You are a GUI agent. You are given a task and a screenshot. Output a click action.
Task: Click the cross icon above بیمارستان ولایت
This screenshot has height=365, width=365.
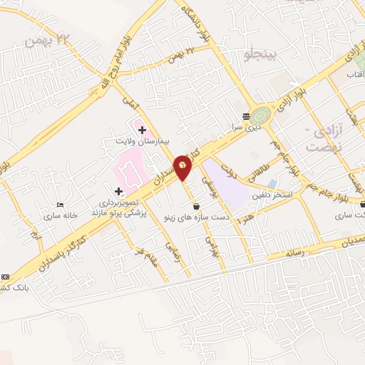click(x=142, y=130)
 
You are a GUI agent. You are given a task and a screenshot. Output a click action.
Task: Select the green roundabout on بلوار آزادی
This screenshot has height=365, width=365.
click(x=260, y=115)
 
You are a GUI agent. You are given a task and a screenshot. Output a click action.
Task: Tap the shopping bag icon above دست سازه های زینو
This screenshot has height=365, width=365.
click(x=195, y=206)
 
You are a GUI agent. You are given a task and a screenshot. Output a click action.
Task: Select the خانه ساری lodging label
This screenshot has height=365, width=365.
click(x=60, y=215)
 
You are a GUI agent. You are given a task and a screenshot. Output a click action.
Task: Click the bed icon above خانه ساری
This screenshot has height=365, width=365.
click(x=60, y=205)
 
